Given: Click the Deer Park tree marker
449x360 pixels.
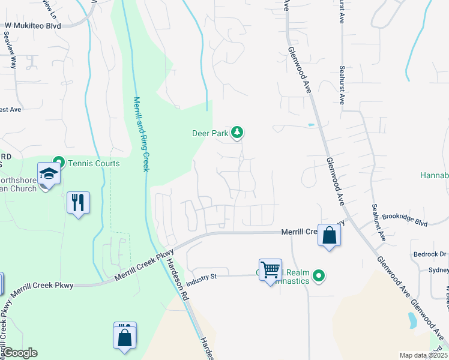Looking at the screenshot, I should (238, 133).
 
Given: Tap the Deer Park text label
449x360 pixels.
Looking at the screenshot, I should (210, 133).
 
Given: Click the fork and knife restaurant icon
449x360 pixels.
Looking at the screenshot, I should (78, 203).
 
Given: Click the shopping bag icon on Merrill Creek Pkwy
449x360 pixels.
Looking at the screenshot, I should (329, 235).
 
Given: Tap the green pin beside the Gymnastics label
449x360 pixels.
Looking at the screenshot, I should (319, 276).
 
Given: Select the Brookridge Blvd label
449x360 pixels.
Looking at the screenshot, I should (404, 219).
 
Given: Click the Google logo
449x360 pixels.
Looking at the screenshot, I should (19, 353).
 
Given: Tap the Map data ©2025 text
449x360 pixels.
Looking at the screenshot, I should (423, 355).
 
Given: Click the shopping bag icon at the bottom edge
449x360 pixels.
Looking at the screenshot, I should (125, 337).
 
